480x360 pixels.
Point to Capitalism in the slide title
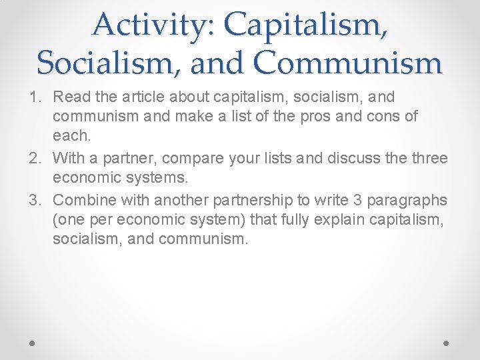coord(307,25)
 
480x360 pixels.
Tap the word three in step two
coord(428,158)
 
